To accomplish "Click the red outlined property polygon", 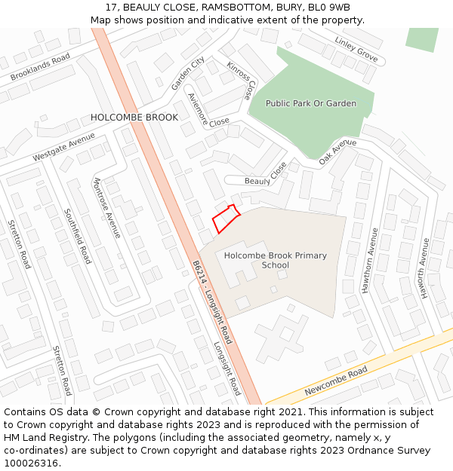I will coord(226,219).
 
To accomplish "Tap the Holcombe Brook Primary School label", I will coord(275,260).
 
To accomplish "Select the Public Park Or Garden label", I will coord(310,103).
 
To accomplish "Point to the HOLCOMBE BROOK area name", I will coord(134,118).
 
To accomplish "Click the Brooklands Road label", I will coord(40,67).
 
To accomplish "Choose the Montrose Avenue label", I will coord(106,208).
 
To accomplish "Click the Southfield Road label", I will coord(78,236).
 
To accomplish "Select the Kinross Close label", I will coord(240,81).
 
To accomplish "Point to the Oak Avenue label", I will coord(337,151).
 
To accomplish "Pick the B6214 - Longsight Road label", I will coord(212,302).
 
